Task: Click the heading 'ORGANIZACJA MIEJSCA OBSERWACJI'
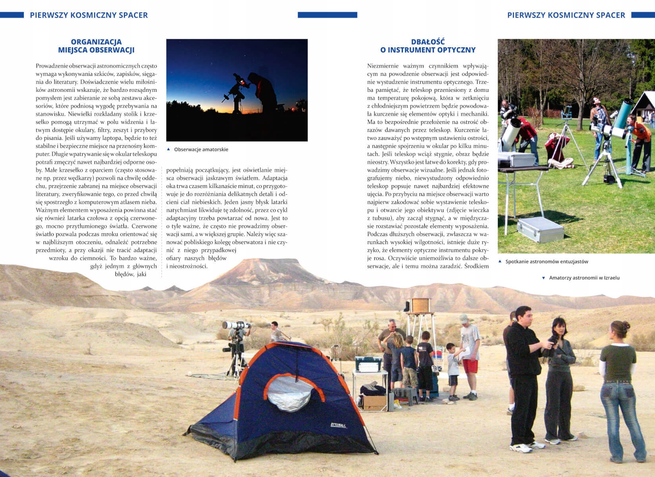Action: coord(96,46)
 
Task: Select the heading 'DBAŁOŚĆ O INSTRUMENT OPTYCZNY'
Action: coord(428,46)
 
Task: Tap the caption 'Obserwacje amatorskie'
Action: coord(201,149)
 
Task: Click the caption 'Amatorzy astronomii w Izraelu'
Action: coord(584,278)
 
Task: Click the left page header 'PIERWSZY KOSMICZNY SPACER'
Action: coord(89,15)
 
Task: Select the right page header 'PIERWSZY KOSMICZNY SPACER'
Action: coord(566,15)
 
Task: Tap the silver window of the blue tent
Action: coord(289,394)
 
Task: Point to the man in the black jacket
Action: coord(524,374)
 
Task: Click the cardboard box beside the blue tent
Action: coord(374,402)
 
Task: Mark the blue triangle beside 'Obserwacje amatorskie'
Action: coord(169,149)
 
